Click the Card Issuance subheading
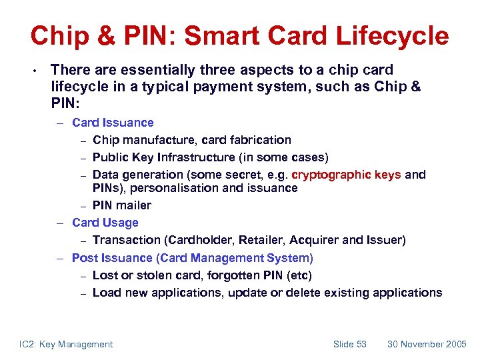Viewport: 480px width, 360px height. point(113,123)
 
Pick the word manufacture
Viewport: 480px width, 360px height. point(160,140)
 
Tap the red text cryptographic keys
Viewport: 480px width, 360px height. point(347,175)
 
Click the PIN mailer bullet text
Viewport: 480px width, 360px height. point(122,205)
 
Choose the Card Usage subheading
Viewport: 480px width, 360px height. point(105,223)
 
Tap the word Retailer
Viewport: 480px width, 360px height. point(256,240)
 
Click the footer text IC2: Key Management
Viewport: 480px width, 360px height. point(66,344)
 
